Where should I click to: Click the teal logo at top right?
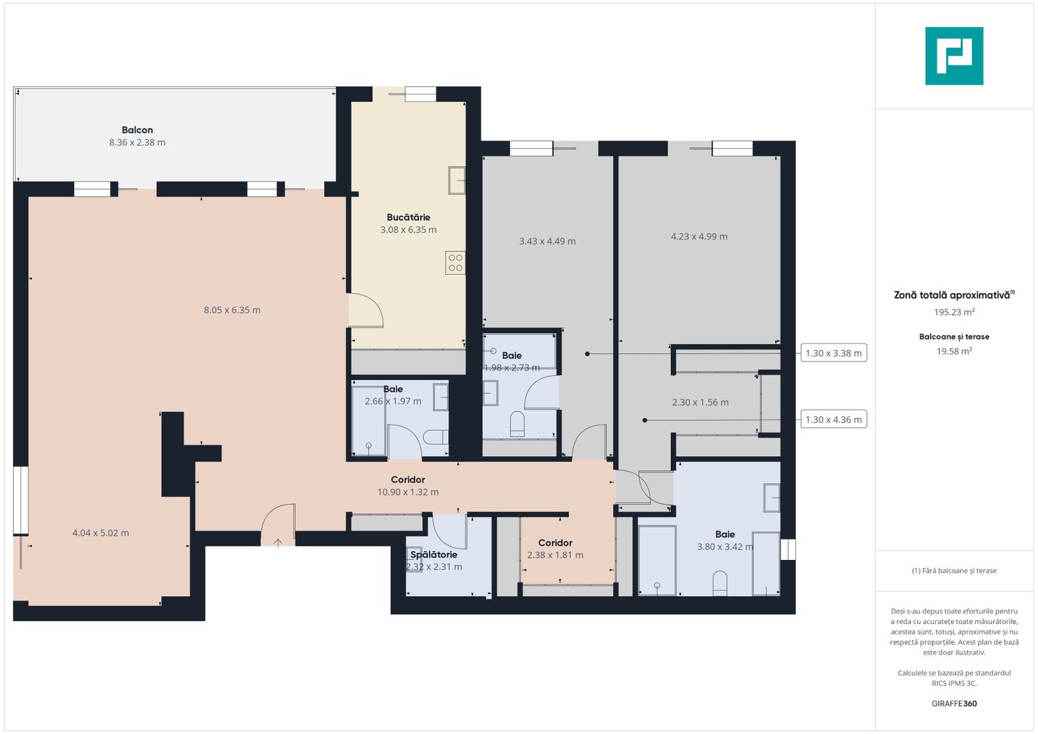954,56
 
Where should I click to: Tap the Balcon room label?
137,130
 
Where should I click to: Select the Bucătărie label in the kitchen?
408,217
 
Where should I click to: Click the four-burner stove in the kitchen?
455,263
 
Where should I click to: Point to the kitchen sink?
456,181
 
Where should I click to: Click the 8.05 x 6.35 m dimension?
232,310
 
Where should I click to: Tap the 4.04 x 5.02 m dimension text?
101,533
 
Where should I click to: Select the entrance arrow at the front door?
278,542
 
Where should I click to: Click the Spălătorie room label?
434,555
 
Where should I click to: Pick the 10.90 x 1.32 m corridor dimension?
408,492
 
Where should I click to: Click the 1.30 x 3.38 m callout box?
833,353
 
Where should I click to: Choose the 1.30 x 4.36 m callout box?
833,419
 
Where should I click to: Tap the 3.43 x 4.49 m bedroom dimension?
547,241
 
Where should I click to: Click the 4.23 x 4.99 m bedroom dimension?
699,237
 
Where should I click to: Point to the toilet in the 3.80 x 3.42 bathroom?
720,583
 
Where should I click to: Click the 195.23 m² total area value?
954,313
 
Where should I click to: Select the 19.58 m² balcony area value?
954,351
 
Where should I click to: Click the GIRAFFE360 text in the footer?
954,703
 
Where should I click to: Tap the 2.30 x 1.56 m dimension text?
700,402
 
